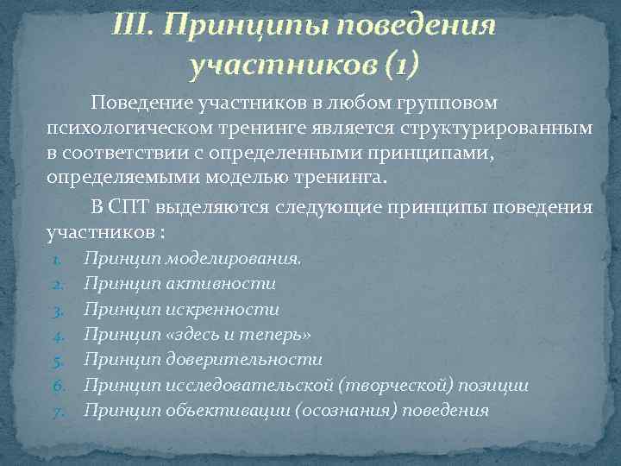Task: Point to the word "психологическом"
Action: (120, 127)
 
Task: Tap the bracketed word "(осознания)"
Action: (349, 410)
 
